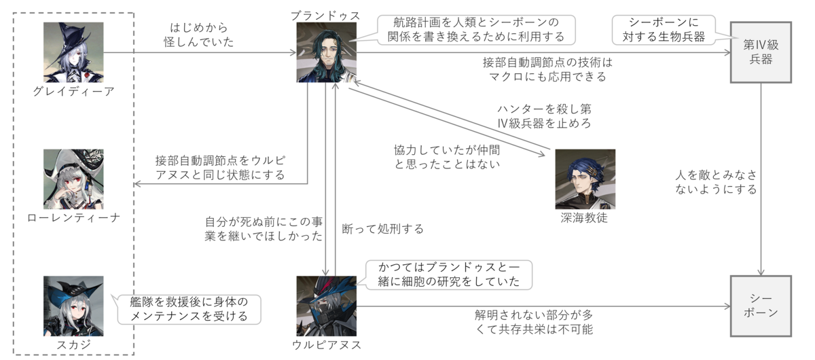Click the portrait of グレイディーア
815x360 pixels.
[73, 52]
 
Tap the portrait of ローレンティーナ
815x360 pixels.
[73, 179]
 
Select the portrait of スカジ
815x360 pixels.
[73, 306]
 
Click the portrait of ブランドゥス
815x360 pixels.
[327, 52]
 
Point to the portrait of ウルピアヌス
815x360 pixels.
[327, 306]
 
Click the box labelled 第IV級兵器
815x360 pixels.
[761, 52]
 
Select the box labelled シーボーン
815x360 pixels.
[761, 306]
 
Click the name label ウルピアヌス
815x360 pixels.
[327, 345]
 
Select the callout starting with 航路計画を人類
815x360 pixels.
[475, 29]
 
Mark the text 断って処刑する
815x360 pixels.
[383, 229]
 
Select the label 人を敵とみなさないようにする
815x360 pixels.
[716, 182]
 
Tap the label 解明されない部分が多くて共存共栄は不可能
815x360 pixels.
[534, 322]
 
